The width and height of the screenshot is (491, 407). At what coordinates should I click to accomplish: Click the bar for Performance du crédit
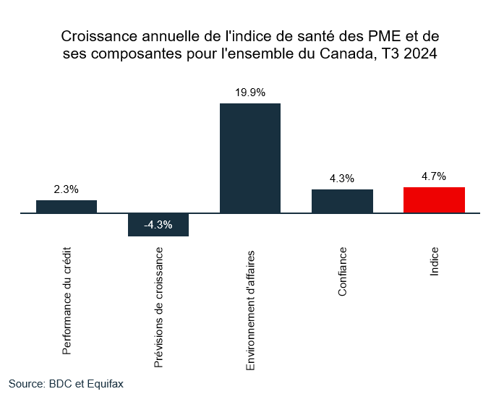click(67, 207)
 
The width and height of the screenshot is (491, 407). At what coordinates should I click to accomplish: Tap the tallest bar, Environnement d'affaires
click(250, 158)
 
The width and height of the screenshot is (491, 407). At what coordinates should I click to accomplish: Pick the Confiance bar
click(342, 202)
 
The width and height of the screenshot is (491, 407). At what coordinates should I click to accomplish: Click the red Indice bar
click(434, 200)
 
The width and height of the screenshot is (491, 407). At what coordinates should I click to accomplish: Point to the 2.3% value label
click(67, 189)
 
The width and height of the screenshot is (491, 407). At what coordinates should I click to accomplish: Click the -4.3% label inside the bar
click(158, 225)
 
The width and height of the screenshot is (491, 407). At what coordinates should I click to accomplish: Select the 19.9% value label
click(250, 93)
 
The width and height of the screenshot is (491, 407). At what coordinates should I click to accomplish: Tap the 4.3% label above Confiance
click(342, 179)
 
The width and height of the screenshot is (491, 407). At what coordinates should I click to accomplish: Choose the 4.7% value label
click(434, 176)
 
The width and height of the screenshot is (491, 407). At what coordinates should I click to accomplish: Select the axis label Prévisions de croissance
click(159, 309)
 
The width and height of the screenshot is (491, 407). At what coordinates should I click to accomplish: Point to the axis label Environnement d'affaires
click(251, 310)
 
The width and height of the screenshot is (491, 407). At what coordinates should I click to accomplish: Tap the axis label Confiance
click(342, 272)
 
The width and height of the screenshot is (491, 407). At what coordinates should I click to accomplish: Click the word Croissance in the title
click(95, 36)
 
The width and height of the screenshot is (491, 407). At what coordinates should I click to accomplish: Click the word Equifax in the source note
click(106, 384)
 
